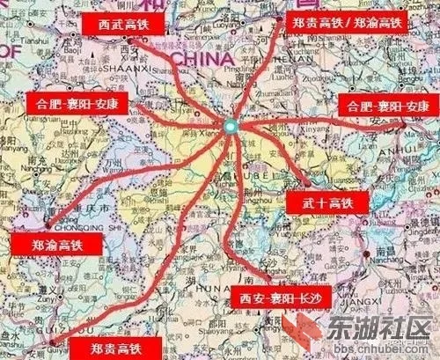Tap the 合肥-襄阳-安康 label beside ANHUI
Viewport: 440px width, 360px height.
386,106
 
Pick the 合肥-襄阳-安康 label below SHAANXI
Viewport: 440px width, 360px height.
77,103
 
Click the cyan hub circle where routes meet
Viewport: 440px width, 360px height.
229,128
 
